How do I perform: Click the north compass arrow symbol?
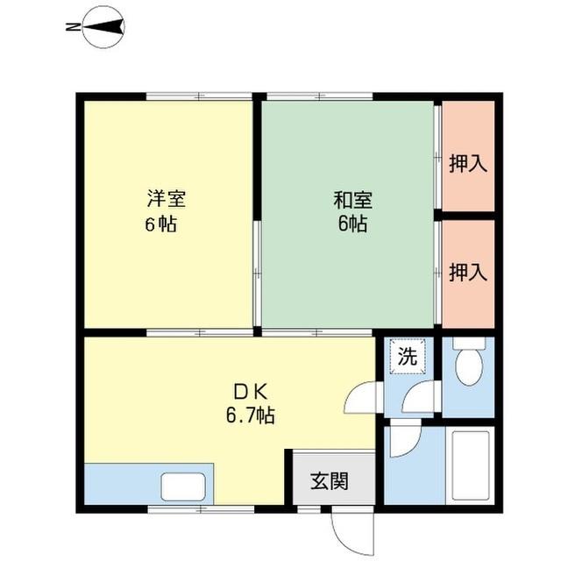[x=104, y=28]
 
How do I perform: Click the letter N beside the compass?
[x=71, y=28]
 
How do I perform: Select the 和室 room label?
[x=352, y=199]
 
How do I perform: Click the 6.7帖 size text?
[x=245, y=415]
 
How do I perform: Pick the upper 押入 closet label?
[x=467, y=163]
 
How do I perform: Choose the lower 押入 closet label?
[x=467, y=273]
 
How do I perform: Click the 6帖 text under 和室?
[x=352, y=224]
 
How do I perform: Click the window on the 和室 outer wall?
[x=318, y=95]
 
